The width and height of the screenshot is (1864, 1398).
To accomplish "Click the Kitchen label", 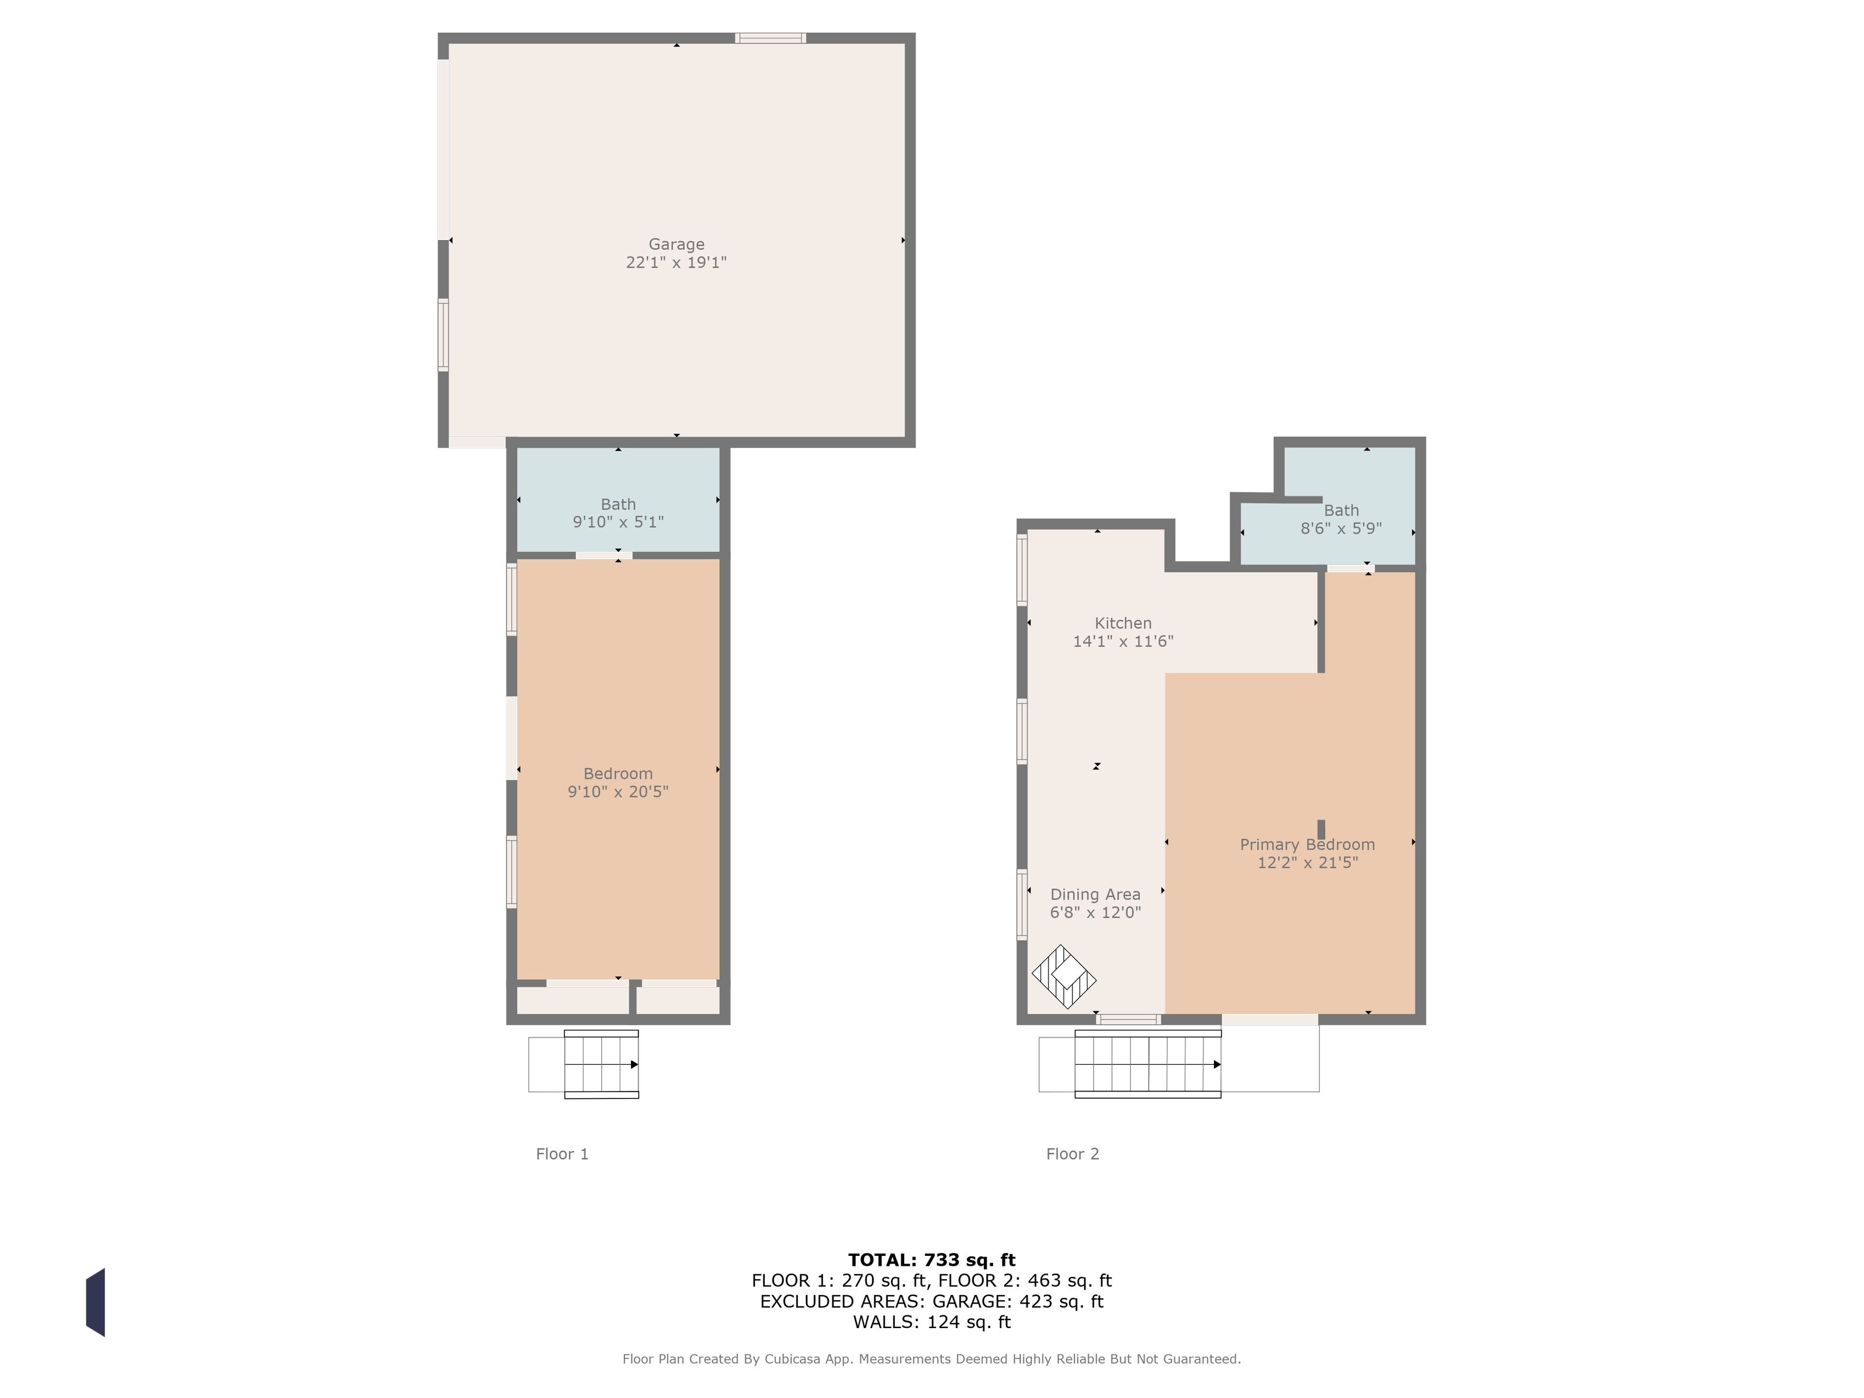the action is coord(1122,623).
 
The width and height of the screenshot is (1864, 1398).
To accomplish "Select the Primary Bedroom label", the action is coord(1307,845).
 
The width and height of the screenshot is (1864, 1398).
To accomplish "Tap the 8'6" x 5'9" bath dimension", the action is coord(1341,528).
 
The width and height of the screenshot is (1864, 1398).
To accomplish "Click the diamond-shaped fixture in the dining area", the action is coord(1064,977).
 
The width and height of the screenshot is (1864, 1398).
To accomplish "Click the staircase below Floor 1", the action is coord(601,1064).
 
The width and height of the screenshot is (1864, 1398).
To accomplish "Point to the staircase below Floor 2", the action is coord(1148,1064).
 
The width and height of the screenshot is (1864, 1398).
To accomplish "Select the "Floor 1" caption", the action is coord(562,1153).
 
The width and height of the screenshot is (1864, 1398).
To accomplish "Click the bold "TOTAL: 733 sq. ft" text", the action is coord(931,1260).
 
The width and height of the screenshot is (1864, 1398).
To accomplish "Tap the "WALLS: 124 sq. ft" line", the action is coord(931,1322).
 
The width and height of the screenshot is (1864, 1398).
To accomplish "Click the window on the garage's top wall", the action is coord(770,38).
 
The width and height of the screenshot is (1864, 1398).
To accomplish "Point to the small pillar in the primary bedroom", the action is coord(1321,829).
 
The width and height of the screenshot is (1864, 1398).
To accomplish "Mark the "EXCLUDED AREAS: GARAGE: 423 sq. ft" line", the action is coord(931,1301).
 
